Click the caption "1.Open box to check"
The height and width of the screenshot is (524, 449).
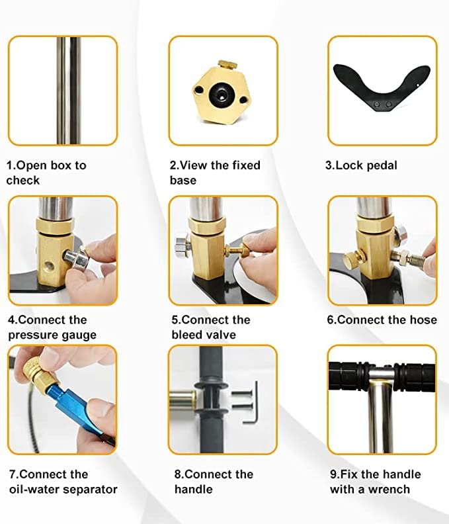click(46, 173)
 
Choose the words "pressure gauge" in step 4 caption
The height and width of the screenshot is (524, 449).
click(52, 335)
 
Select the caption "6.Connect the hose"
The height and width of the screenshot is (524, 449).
click(382, 320)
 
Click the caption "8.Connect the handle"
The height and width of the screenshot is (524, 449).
click(214, 482)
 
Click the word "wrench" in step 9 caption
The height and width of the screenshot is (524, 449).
click(389, 490)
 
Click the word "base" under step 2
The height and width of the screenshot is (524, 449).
click(183, 180)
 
